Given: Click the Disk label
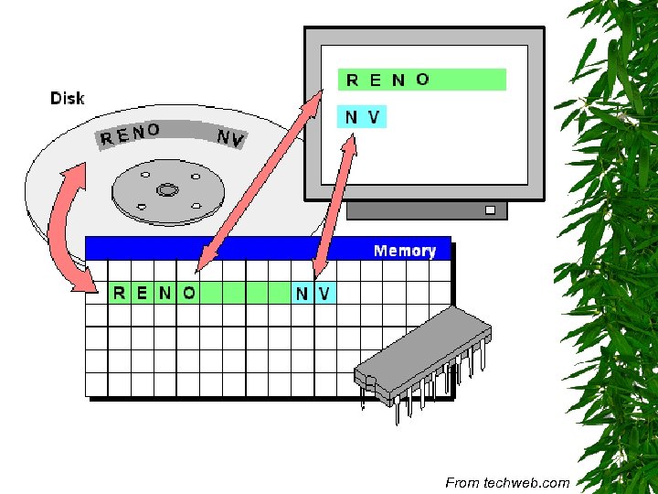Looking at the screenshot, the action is pos(67,98).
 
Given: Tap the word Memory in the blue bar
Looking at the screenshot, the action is pos(404,251).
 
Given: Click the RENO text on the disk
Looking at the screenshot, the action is pos(130,135).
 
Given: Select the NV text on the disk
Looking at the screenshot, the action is pos(229,139).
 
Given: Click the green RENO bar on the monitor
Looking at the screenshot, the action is pos(421,80).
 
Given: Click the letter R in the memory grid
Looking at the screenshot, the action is pos(120,293).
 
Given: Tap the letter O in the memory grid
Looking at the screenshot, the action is pos(188,293).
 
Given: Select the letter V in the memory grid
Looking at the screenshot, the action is pos(324,293).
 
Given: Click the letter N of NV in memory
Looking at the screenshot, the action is pos(302,293).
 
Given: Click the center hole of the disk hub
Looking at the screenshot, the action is pos(166,190).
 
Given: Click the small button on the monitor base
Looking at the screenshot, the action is pos(491,210).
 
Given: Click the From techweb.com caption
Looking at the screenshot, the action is pos(507,482).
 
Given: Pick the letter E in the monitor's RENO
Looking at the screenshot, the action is pos(375,81).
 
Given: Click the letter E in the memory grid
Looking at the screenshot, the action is pos(142,293).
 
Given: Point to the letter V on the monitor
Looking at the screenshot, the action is pos(373,118).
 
